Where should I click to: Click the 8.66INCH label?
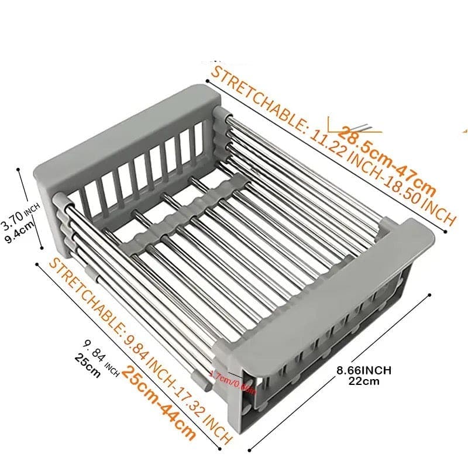click(x=364, y=370)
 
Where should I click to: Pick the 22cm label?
click(x=364, y=381)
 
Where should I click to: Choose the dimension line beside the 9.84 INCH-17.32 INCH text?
click(x=129, y=357)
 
